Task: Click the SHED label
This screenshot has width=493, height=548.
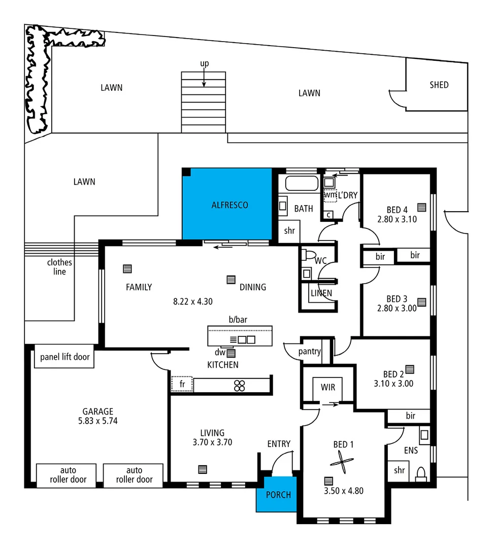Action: coord(439,85)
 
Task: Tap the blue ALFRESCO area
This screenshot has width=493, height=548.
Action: coord(229,205)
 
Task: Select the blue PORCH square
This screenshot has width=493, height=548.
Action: coord(278,494)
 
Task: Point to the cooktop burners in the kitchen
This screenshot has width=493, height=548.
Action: coord(240,385)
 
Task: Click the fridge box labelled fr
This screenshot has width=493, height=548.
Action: coord(182,385)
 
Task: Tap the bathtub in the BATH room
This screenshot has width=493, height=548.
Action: coord(302,184)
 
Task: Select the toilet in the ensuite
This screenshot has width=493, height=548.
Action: coord(420,474)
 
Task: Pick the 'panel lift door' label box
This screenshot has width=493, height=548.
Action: coord(64,357)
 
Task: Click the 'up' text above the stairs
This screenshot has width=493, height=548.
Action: coord(204,63)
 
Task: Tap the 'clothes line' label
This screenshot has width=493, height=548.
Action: coord(59,267)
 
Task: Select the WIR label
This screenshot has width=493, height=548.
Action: coord(327,387)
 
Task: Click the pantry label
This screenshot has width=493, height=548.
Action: coord(309,351)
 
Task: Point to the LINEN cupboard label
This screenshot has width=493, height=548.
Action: coord(321,293)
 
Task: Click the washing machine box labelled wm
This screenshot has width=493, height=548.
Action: coord(330,194)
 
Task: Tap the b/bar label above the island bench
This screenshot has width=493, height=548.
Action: coord(238,320)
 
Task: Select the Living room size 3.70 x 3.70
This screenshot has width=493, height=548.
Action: coord(212,442)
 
